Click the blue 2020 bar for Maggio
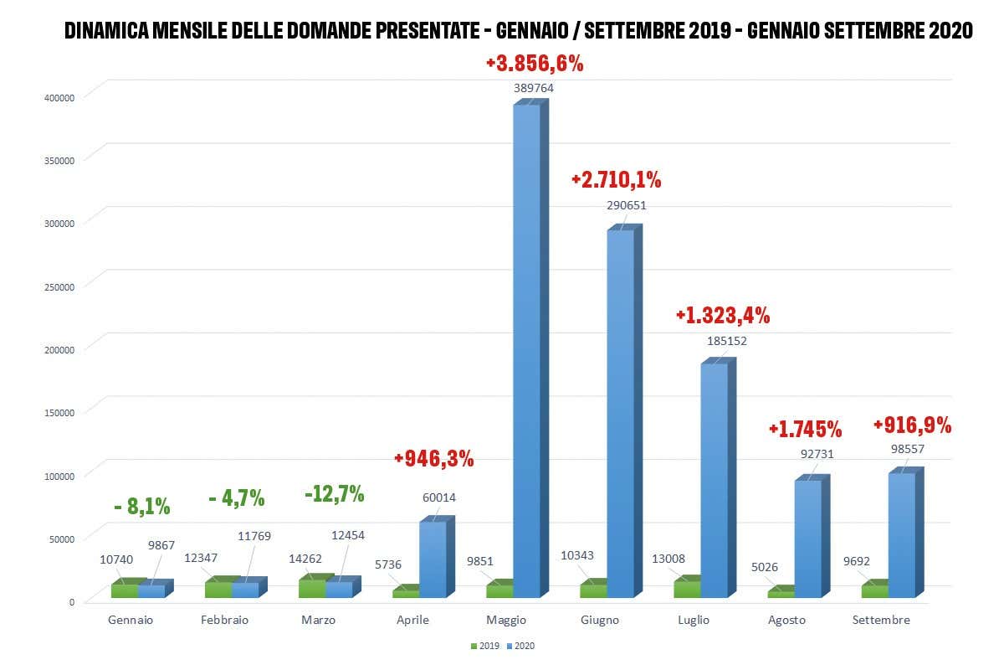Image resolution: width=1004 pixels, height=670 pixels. pyautogui.click(x=526, y=352)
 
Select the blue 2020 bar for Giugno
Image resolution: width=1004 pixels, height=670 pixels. pyautogui.click(x=620, y=415)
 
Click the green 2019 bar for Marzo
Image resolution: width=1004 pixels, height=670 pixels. pyautogui.click(x=311, y=588)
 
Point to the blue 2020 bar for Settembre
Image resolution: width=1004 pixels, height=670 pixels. pyautogui.click(x=901, y=536)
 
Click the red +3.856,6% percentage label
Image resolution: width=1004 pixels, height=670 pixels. pyautogui.click(x=535, y=64)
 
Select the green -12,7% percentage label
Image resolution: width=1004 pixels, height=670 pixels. pyautogui.click(x=334, y=494)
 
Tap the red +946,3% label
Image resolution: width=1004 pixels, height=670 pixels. pyautogui.click(x=433, y=458)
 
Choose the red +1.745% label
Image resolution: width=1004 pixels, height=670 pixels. pyautogui.click(x=805, y=430)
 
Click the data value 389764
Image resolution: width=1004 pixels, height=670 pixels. pyautogui.click(x=534, y=87)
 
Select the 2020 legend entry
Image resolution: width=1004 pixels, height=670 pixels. pyautogui.click(x=521, y=646)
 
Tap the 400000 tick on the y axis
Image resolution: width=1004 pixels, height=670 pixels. pyautogui.click(x=60, y=97)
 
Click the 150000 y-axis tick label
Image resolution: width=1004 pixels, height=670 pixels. pyautogui.click(x=60, y=412)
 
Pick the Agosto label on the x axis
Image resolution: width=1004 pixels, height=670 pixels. pyautogui.click(x=786, y=621)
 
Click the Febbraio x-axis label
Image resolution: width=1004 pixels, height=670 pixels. pyautogui.click(x=225, y=621)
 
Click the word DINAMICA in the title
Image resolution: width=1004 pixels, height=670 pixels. pyautogui.click(x=109, y=31)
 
